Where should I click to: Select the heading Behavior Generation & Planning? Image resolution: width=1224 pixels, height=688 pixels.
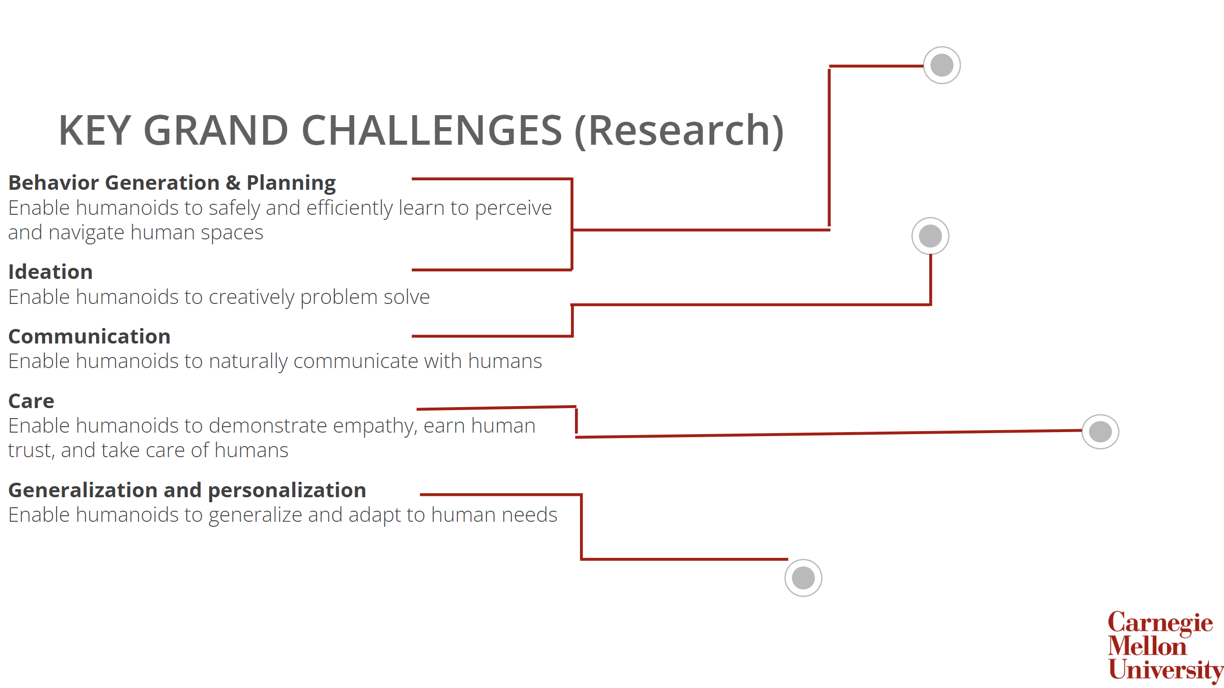point(172,183)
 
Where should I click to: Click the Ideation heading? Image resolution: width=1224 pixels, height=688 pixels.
point(51,272)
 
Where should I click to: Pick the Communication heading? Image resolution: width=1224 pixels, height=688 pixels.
point(89,337)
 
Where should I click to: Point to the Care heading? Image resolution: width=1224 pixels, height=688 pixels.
point(31,402)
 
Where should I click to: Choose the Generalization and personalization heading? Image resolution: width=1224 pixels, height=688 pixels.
point(187,491)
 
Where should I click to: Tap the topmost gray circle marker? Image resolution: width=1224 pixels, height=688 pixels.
point(941,65)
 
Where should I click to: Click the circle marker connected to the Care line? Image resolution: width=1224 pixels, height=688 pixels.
point(1100,432)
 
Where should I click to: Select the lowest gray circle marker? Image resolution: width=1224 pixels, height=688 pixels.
point(803,578)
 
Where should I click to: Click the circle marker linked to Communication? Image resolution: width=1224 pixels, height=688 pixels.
point(930,236)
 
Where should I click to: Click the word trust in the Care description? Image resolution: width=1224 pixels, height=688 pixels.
point(31,451)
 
